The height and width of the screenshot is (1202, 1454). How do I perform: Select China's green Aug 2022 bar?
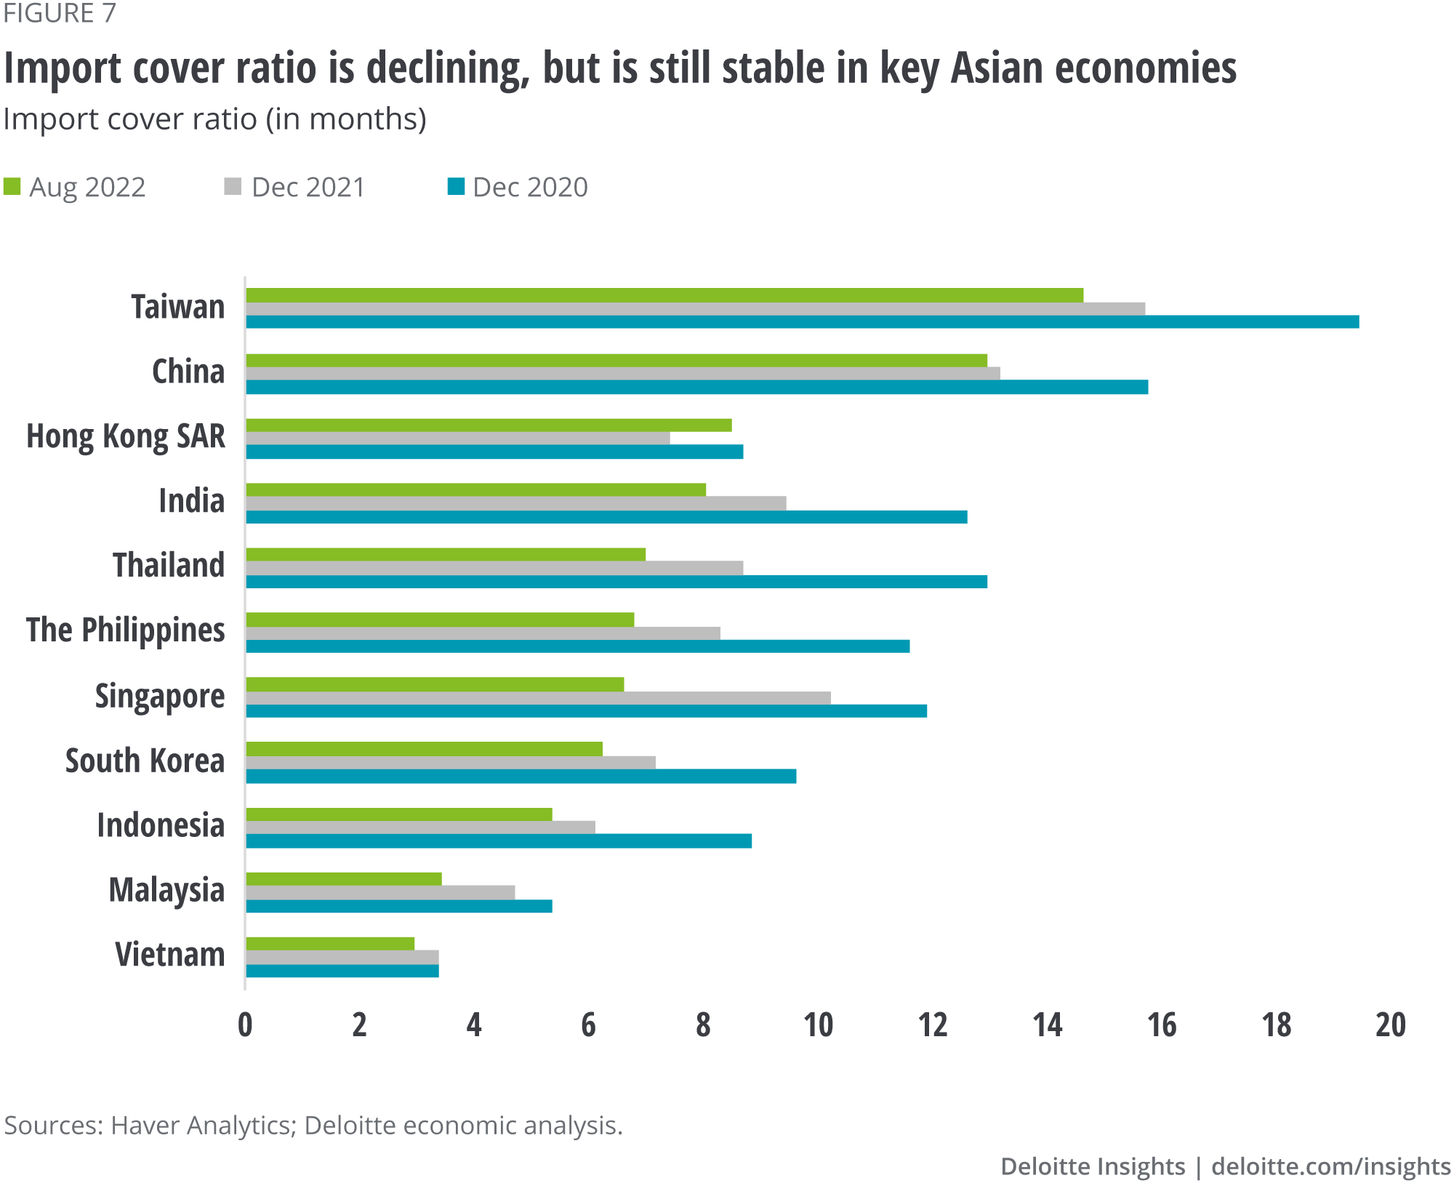[x=616, y=361]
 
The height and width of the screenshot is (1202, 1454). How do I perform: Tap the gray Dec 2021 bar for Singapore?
[x=538, y=698]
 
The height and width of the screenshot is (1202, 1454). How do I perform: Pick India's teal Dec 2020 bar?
[x=606, y=517]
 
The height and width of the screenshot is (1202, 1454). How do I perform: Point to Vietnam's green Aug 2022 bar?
[x=330, y=944]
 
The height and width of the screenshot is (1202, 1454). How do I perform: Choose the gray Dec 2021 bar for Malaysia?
[x=380, y=892]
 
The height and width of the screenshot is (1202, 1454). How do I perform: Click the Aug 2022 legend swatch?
[x=12, y=187]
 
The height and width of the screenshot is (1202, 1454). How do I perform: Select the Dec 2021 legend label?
[x=308, y=188]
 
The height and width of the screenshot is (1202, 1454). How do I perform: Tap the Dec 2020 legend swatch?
[x=456, y=187]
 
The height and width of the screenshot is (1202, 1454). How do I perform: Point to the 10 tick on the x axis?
[x=818, y=1025]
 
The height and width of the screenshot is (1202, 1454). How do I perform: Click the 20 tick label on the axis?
[x=1391, y=1025]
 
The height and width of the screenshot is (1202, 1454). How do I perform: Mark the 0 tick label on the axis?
[x=246, y=1025]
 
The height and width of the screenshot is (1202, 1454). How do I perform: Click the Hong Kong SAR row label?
[x=126, y=436]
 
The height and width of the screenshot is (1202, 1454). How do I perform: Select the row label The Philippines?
[x=126, y=630]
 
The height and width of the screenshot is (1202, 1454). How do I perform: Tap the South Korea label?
[x=145, y=761]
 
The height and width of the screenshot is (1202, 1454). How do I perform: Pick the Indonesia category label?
[x=161, y=825]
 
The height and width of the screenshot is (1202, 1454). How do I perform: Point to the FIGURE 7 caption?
[x=60, y=13]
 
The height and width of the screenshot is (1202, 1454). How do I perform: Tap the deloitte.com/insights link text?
[x=1331, y=1166]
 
